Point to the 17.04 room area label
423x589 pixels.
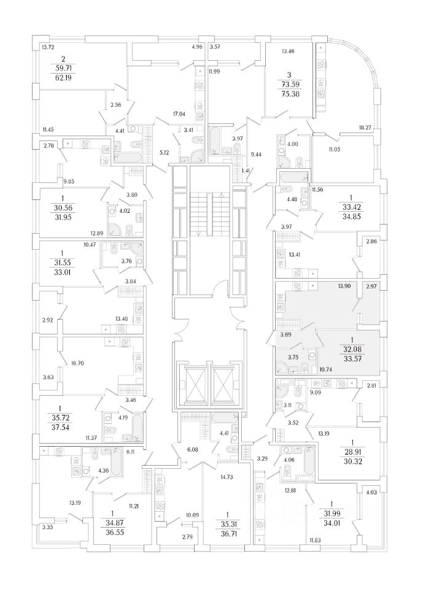179,114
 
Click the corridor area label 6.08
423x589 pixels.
192,449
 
